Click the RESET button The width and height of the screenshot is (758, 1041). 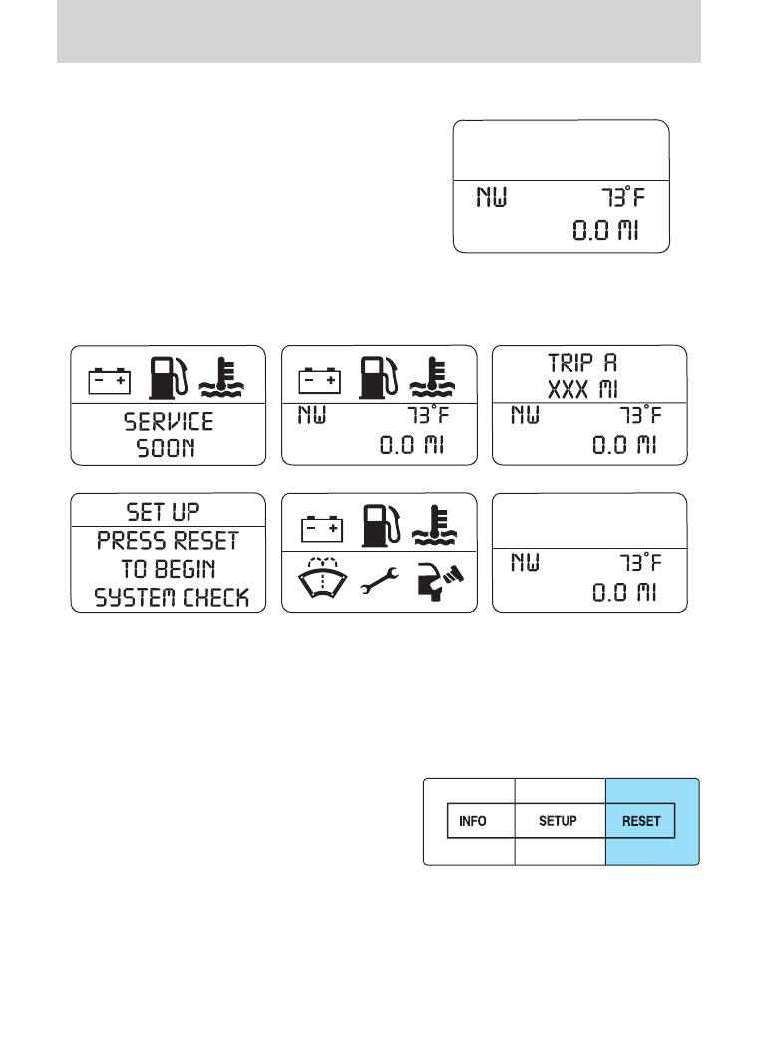[x=640, y=821]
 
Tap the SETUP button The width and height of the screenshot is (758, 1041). [x=558, y=821]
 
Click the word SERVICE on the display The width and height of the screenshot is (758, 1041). [x=169, y=422]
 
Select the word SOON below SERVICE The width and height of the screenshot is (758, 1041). [x=166, y=448]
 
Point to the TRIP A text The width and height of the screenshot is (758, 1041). [x=582, y=363]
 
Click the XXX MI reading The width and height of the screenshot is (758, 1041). [x=582, y=389]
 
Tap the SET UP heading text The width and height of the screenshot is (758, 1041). [x=164, y=512]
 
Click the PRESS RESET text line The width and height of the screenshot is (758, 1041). [x=168, y=540]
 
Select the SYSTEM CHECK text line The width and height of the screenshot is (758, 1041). [x=172, y=598]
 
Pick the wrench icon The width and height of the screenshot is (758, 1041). [x=380, y=580]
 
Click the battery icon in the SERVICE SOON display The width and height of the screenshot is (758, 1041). [x=110, y=381]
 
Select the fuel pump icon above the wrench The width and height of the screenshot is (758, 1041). [x=381, y=526]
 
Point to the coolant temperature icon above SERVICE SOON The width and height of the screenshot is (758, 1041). [x=221, y=378]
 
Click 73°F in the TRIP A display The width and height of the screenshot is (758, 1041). [x=641, y=415]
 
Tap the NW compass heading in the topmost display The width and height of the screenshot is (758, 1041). [x=492, y=197]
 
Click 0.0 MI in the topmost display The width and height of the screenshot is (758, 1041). [x=606, y=230]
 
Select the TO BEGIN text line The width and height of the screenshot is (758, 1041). [x=169, y=569]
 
